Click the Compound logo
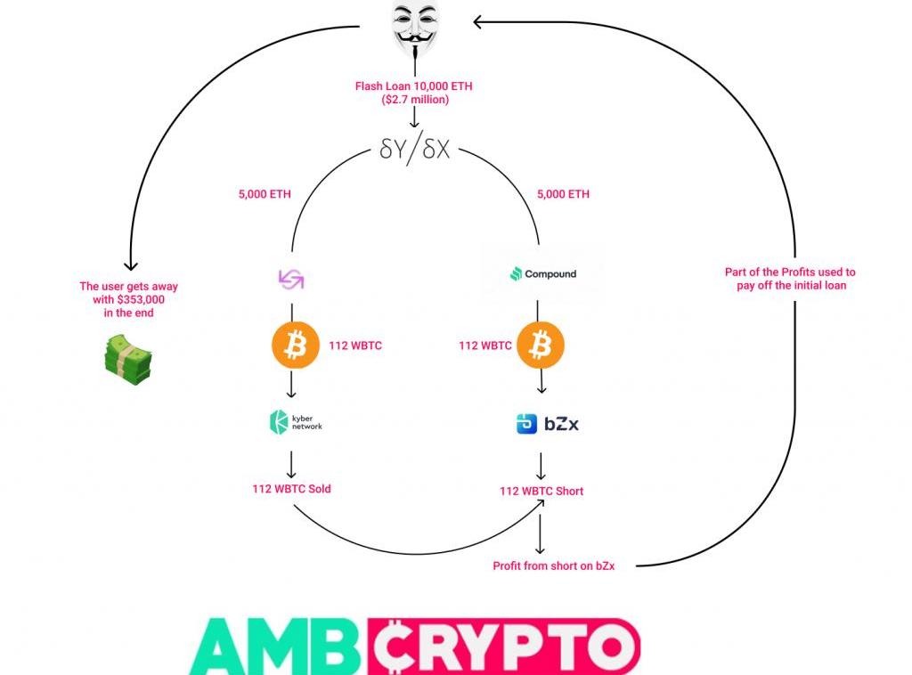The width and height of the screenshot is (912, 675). coord(542,273)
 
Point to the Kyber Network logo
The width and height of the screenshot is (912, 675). coord(295,421)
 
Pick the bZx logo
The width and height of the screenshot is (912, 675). coord(547,424)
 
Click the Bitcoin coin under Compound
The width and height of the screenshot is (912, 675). coord(541,346)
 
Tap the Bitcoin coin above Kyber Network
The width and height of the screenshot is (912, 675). coord(295,346)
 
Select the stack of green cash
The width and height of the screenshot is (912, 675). coord(127,361)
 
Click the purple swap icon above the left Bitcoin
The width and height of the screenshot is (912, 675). coord(291,280)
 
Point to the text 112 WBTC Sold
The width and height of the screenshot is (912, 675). coord(292,489)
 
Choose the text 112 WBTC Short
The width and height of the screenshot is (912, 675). coord(541,491)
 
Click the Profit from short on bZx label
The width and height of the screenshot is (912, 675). coord(553,565)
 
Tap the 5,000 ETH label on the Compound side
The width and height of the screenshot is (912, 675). coord(563,194)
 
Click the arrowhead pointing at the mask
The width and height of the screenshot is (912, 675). coord(478,22)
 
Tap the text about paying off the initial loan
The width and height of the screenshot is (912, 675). coord(790,279)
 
